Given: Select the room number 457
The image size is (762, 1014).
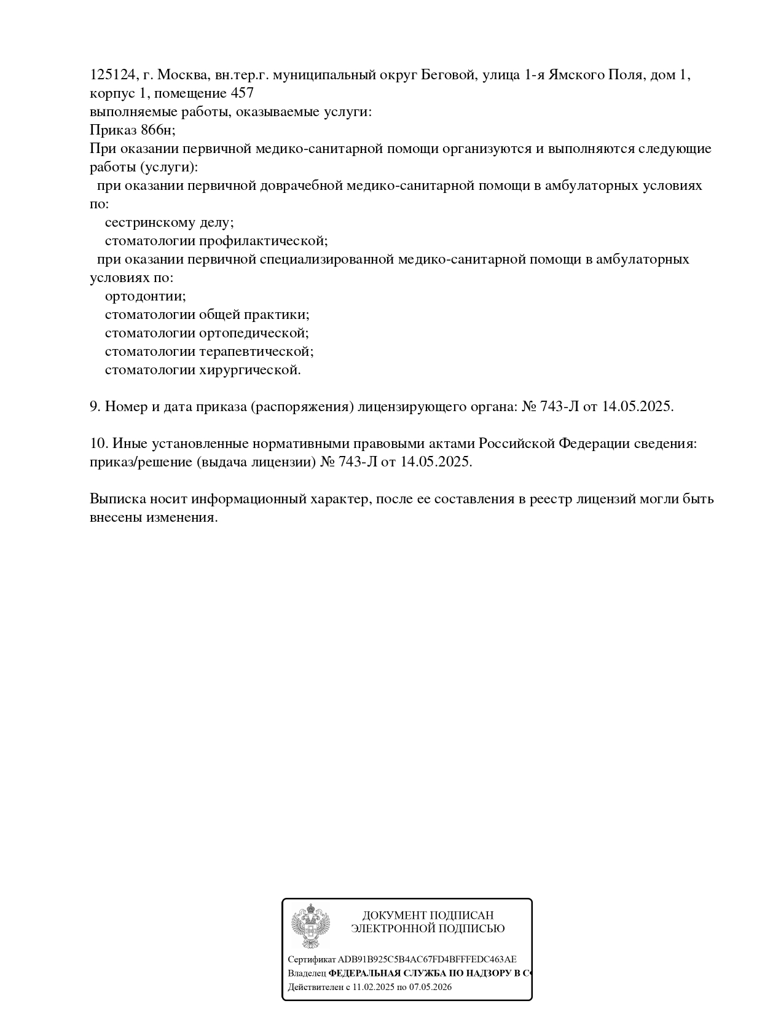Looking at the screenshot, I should pyautogui.click(x=242, y=93).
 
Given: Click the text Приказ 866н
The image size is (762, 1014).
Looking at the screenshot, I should pyautogui.click(x=132, y=130).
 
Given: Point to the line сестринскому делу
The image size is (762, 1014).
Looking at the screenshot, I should pyautogui.click(x=169, y=222).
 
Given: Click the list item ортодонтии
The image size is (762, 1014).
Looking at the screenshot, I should pyautogui.click(x=145, y=296).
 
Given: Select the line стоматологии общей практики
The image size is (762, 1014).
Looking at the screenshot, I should pyautogui.click(x=206, y=315).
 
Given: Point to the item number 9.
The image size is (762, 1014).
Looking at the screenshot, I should pyautogui.click(x=95, y=407).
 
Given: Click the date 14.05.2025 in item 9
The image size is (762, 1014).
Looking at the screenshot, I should pyautogui.click(x=636, y=407).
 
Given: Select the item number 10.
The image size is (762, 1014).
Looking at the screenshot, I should pyautogui.click(x=99, y=444).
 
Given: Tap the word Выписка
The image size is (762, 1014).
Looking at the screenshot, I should pyautogui.click(x=116, y=499).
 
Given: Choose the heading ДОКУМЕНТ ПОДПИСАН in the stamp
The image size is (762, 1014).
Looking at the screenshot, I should pyautogui.click(x=428, y=916).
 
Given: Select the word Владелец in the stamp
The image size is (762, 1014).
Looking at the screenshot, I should pyautogui.click(x=307, y=973).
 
